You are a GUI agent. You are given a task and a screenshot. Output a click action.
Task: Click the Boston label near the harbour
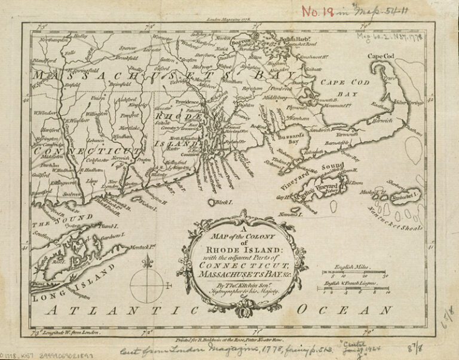pos(240,43)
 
